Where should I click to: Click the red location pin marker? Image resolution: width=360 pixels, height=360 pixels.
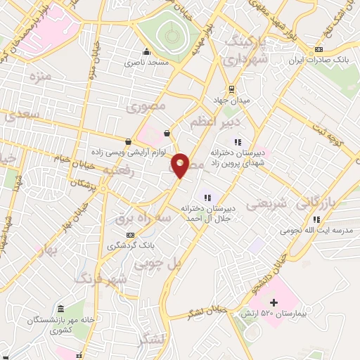[x=181, y=165]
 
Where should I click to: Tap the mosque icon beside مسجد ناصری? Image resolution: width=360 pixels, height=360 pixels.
[x=146, y=51]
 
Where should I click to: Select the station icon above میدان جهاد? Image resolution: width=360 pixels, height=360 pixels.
[x=231, y=89]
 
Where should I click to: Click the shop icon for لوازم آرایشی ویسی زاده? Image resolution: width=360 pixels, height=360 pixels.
[x=127, y=141]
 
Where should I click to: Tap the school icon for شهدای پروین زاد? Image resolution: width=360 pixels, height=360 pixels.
[x=237, y=143]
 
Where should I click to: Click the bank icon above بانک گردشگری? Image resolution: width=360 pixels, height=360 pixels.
[x=129, y=235]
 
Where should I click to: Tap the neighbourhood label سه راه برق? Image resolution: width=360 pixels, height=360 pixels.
[x=143, y=219]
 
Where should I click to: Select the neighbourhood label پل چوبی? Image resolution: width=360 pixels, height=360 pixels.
[x=182, y=264]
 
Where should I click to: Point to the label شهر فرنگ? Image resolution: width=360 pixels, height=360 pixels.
[x=105, y=278]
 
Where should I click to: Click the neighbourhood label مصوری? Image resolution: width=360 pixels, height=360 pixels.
[x=145, y=107]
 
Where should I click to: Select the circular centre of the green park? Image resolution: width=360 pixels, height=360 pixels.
[x=169, y=32]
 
